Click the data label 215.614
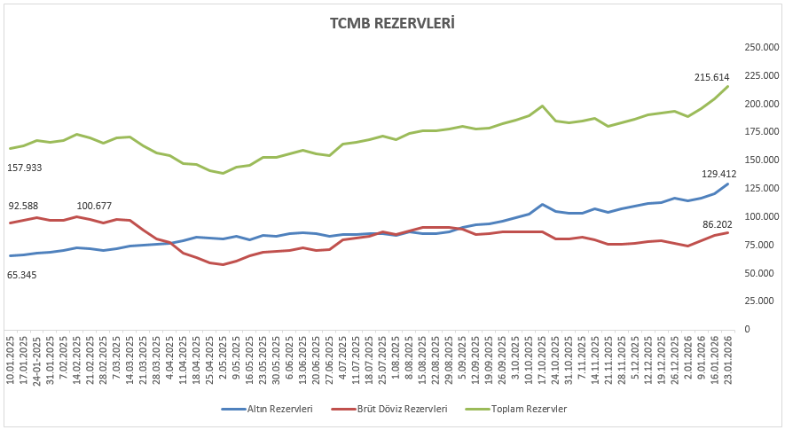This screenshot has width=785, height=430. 711,77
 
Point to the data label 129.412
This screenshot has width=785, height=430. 718,175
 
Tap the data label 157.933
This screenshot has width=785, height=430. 25,167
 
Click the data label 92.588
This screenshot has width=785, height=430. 25,207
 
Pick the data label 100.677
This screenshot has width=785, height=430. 95,207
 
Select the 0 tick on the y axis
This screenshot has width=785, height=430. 747,329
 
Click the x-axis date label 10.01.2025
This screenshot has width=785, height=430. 11,360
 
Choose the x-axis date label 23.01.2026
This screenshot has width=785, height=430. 728,360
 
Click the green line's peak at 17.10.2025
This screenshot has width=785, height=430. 542,106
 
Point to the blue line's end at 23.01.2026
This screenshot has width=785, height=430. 727,184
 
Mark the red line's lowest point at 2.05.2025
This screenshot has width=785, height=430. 223,264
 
